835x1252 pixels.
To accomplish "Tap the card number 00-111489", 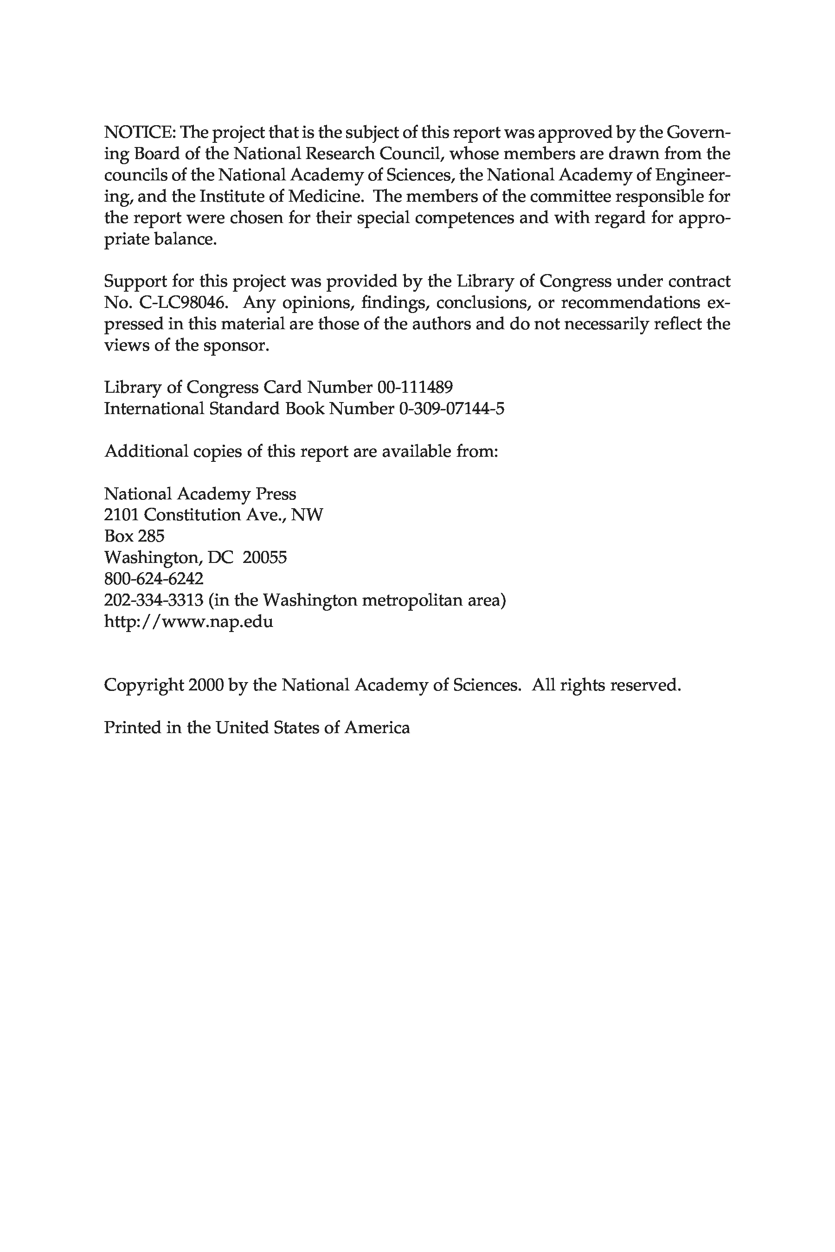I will tap(415, 387).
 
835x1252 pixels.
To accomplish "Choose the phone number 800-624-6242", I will tap(154, 579).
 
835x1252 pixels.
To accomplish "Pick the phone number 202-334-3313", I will tap(154, 600).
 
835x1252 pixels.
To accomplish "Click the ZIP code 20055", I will tap(265, 557).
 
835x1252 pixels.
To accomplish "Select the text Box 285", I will tap(134, 536).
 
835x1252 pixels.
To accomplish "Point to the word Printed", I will tap(132, 727).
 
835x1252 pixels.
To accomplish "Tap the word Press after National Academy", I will tap(275, 493).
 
